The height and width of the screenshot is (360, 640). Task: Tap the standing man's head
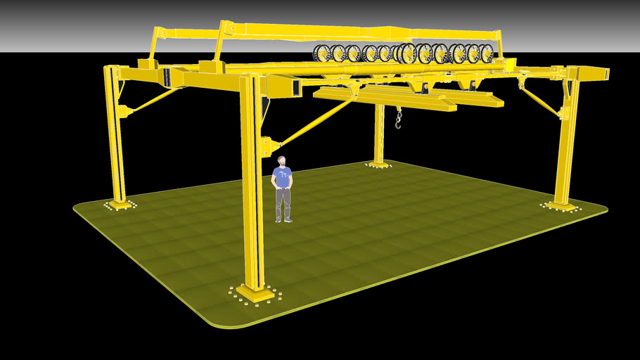click(x=282, y=162)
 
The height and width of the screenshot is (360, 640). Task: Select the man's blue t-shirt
click(x=283, y=177)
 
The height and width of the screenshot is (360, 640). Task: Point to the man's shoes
click(x=283, y=220)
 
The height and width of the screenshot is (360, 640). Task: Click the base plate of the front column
click(x=254, y=292)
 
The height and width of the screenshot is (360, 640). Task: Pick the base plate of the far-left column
click(x=120, y=205)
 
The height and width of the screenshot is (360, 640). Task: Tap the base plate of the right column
click(x=561, y=206)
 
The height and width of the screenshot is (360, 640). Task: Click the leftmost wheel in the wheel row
click(x=322, y=53)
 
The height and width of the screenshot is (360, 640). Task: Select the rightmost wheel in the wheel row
click(x=486, y=53)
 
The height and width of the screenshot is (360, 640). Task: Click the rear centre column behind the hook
click(x=380, y=134)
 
